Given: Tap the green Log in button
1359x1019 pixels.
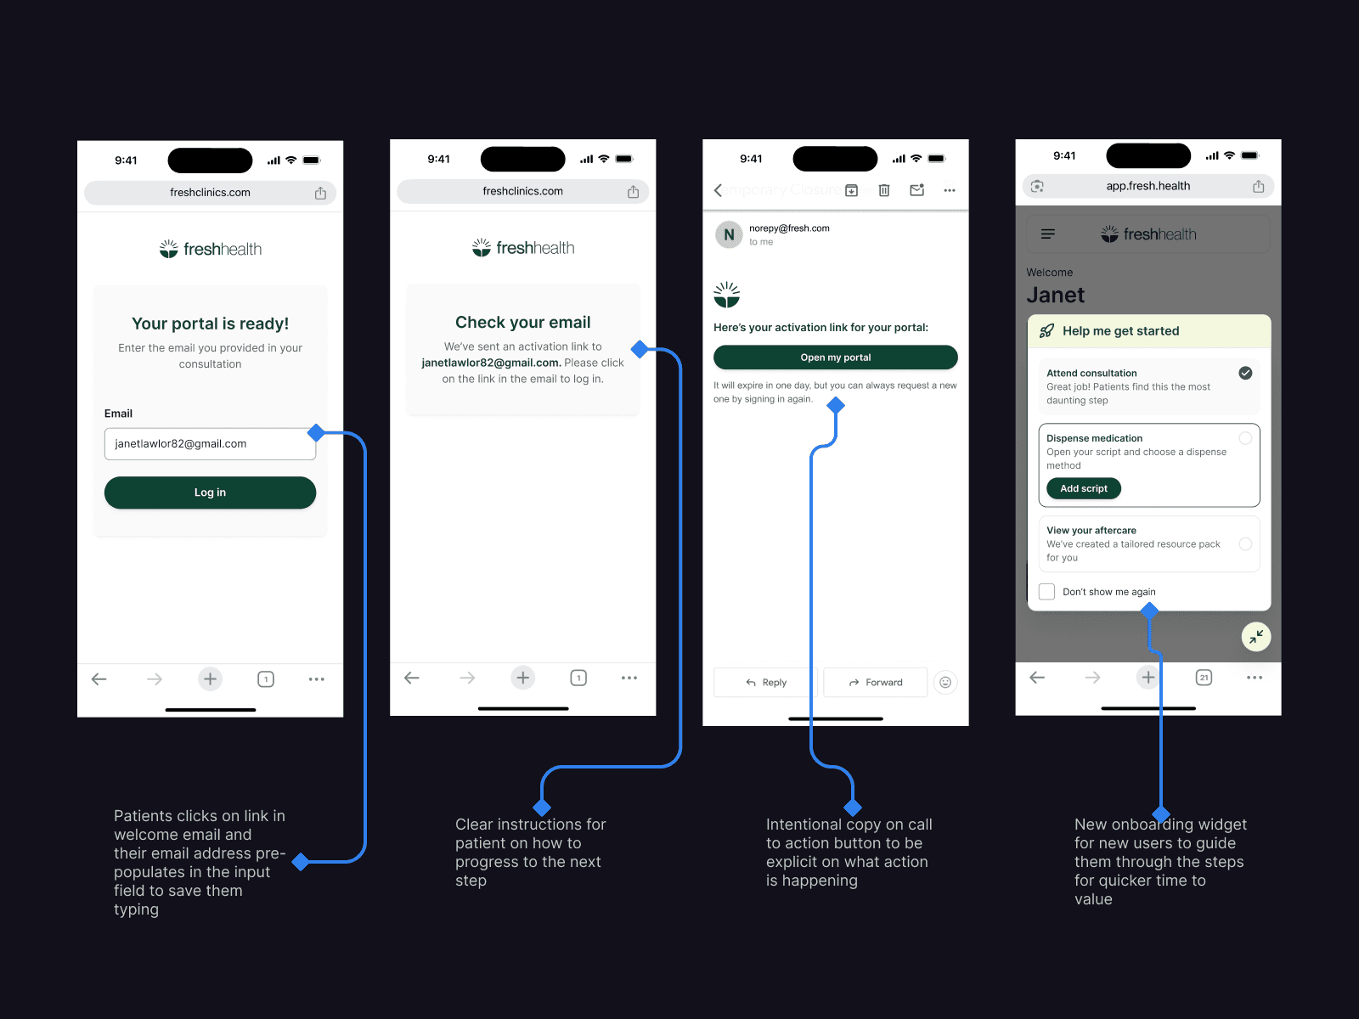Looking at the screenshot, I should pos(210,493).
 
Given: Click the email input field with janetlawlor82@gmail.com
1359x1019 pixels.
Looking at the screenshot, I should pos(209,443).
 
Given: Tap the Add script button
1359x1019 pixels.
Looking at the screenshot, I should pos(1083,488).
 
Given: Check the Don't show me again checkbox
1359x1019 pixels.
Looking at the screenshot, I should pos(1047,592).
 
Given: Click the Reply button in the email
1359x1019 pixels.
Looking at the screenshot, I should pos(765,683).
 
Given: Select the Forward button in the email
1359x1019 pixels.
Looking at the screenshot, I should pos(875,683).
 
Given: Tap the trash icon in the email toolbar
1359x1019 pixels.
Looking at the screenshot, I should pos(883,190).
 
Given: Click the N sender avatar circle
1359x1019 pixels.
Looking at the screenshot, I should pos(729,234).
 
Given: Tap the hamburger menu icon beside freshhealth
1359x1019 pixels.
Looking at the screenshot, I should pos(1048,234).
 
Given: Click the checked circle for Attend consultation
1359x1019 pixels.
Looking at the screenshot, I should pos(1245,373).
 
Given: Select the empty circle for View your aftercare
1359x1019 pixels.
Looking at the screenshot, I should pos(1245,543).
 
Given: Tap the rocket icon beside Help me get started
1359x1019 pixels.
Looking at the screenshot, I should pos(1046,331).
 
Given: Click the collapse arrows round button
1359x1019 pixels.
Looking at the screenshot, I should pos(1256,636).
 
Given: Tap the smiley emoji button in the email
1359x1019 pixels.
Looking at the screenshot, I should pos(945,682).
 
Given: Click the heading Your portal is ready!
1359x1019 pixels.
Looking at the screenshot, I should pos(210,324).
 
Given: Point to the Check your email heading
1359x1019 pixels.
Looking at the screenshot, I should pos(522,322).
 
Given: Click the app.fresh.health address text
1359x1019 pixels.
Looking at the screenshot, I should pos(1148,186).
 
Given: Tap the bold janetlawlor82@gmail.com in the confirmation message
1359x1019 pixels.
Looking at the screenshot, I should pos(490,363).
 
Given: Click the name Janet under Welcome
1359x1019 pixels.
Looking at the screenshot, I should pos(1055,295).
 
